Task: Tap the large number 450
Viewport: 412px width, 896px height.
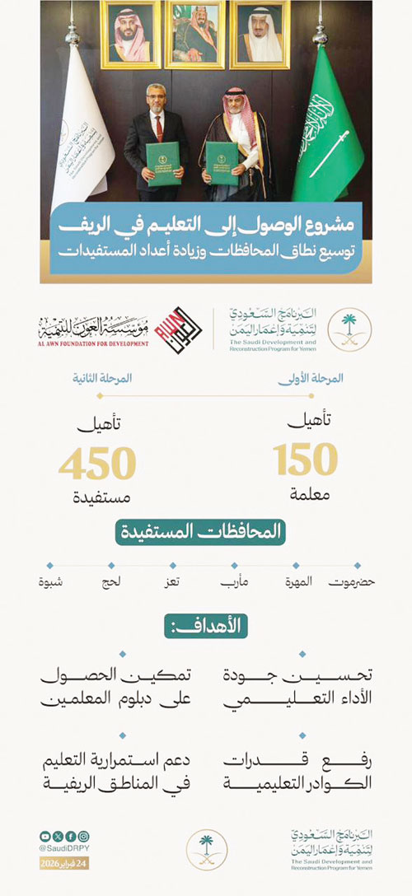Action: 96,464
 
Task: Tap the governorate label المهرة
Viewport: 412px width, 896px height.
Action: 297,583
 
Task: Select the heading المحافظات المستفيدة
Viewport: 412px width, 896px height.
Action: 205,531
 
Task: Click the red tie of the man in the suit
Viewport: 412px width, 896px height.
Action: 157,127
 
